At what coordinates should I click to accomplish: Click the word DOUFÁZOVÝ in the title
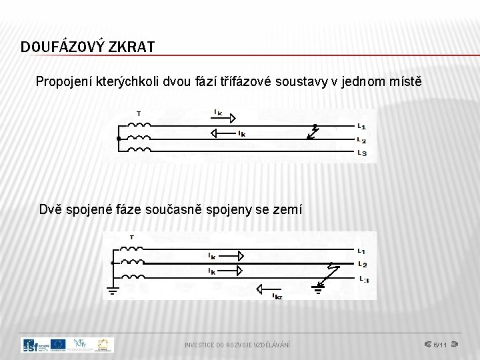tap(59, 47)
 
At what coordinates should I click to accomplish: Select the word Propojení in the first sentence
tap(64, 82)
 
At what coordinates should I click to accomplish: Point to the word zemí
tap(287, 210)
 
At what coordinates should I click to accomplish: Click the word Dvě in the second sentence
tap(51, 210)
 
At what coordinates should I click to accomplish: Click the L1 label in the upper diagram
tap(361, 126)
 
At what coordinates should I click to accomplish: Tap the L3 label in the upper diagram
tap(361, 153)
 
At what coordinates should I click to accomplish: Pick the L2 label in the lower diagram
tap(362, 264)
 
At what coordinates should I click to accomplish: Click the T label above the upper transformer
tap(138, 113)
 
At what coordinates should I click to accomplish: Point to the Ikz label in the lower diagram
tap(277, 297)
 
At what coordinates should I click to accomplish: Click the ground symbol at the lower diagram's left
tap(111, 289)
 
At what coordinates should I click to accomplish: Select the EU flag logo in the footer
tap(57, 345)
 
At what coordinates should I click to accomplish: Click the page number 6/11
tap(440, 345)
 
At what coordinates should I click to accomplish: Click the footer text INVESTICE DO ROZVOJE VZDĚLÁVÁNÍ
tap(237, 345)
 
